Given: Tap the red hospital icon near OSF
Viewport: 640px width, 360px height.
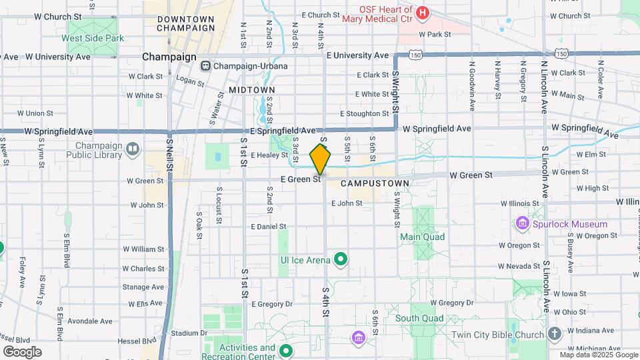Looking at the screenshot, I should tap(422, 13).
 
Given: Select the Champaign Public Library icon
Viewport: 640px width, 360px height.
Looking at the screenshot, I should tap(133, 149).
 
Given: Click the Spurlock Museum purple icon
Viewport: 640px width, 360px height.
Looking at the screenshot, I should tap(523, 224).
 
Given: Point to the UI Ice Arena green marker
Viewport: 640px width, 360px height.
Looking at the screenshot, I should tap(341, 259).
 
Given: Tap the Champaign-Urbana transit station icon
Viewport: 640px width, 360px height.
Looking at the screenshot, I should tap(205, 66).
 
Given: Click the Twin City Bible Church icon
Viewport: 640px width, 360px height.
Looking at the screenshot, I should tap(555, 333).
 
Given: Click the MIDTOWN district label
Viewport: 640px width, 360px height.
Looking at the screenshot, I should tap(252, 89).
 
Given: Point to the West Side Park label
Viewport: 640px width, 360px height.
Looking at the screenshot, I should tap(93, 38).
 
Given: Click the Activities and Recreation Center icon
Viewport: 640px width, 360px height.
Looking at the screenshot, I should tap(286, 351).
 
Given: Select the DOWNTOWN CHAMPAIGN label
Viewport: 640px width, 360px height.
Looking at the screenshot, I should tap(186, 24).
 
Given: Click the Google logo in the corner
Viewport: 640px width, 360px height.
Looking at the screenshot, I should tap(22, 352).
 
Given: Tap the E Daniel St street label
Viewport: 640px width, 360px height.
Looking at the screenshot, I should tap(268, 227).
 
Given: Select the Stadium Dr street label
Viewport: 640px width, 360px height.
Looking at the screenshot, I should tap(185, 333).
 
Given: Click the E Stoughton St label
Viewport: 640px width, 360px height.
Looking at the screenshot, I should tap(364, 114).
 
